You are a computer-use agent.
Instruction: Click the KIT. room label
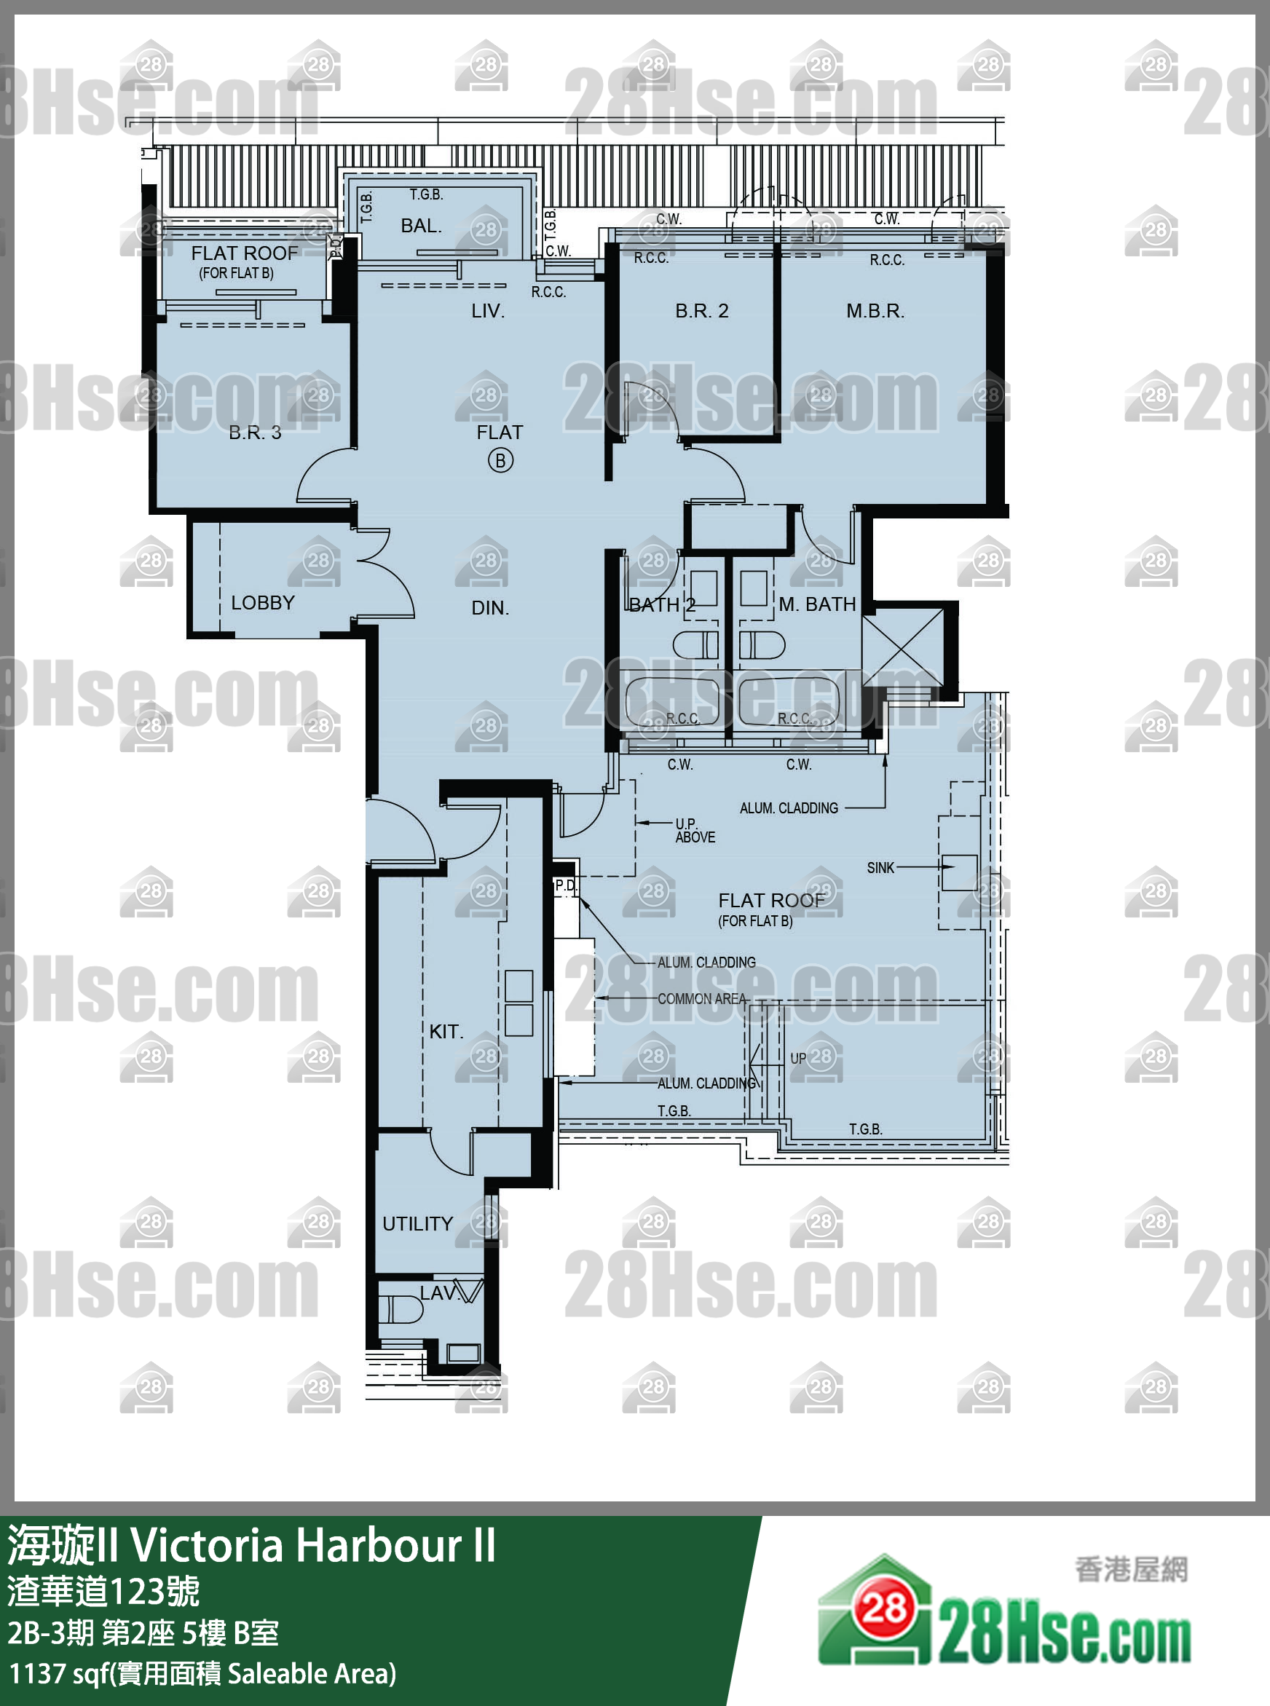446,1031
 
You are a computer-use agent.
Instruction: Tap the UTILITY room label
417,1223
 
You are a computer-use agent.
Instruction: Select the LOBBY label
263,602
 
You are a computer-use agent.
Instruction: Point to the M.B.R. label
875,310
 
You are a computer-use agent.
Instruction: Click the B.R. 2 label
701,310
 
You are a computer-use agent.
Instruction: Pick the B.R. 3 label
255,433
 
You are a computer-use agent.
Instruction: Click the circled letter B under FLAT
500,460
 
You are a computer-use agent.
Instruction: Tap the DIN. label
489,608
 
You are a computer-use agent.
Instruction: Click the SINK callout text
880,868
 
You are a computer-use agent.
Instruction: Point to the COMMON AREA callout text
701,999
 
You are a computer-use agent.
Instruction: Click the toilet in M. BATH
762,644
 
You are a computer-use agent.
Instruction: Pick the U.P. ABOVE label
694,831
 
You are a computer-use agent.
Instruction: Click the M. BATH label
817,604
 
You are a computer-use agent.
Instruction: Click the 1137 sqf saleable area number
37,1673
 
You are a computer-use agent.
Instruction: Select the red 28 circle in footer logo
883,1607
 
